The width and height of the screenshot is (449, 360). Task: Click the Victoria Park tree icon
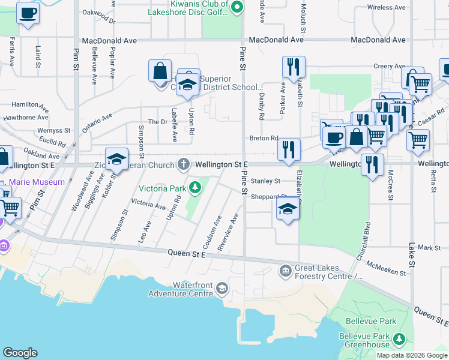[x=194, y=188]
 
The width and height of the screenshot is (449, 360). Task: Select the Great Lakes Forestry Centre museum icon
[x=285, y=272]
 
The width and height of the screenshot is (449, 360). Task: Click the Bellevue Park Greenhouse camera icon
[x=399, y=341]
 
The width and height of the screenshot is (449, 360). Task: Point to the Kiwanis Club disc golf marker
[x=237, y=8]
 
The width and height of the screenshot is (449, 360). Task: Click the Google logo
[x=20, y=353]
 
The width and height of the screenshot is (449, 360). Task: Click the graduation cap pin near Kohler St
[x=116, y=159]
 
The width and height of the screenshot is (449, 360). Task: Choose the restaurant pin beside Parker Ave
[x=294, y=67]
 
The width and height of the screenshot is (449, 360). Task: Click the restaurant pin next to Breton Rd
[x=289, y=149]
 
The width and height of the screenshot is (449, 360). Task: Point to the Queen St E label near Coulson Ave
[x=187, y=254]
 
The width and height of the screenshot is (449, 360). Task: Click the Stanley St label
[x=265, y=181]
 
